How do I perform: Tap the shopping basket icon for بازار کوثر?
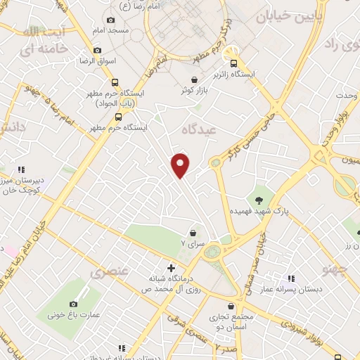194,79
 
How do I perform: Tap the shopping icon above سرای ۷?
192,233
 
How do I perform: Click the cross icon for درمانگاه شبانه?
171,268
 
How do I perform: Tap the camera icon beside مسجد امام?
110,21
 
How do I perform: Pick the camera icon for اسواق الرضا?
97,51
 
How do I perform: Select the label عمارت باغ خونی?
70,314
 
